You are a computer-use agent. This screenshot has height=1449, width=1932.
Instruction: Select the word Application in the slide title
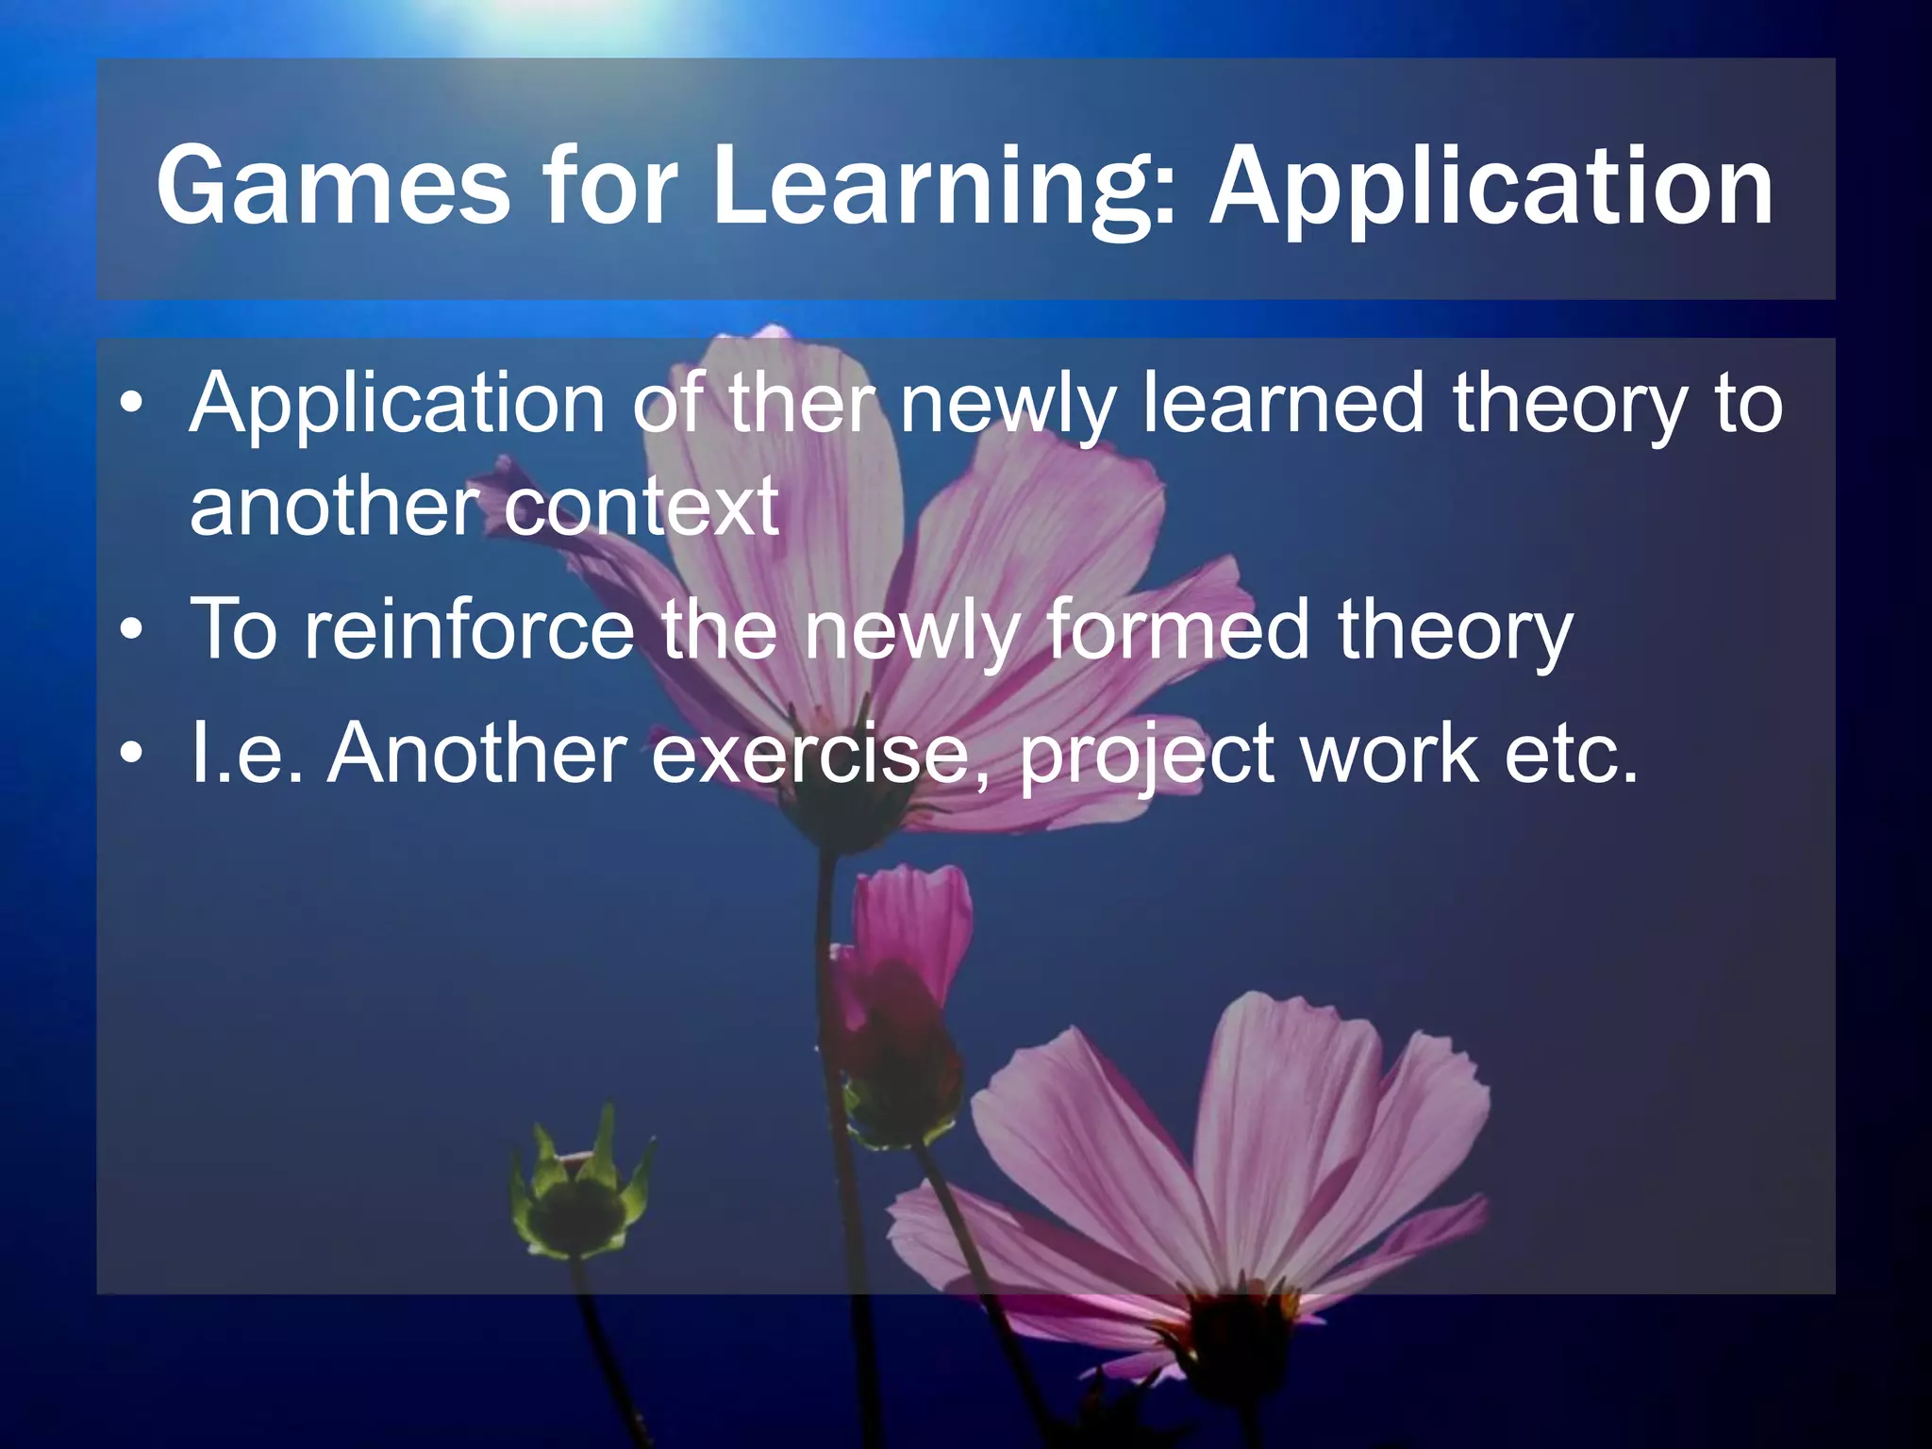[1491, 186]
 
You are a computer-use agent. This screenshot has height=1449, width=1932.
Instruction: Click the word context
[641, 508]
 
